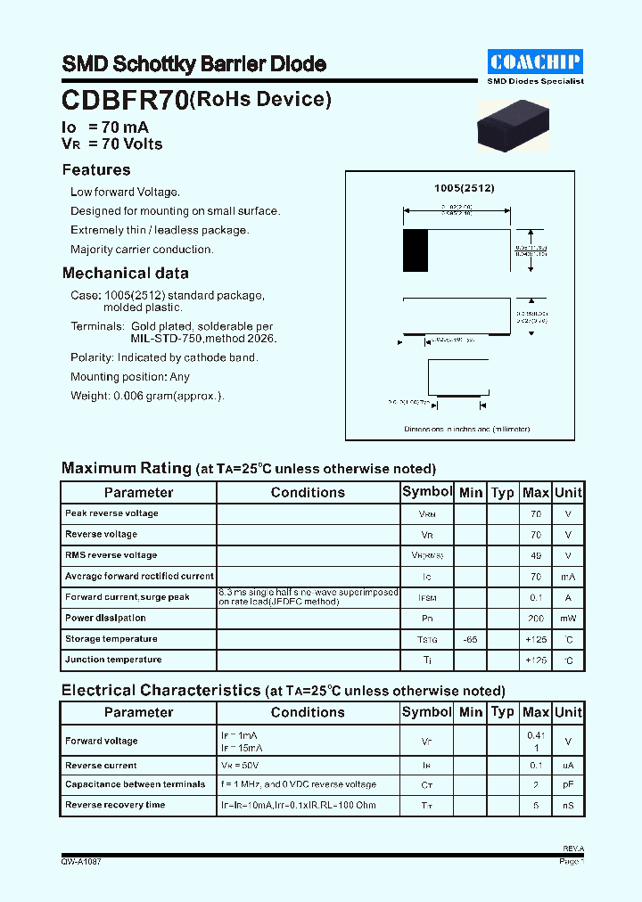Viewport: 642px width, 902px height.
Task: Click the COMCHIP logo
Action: [535, 61]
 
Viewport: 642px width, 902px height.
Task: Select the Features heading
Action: [96, 170]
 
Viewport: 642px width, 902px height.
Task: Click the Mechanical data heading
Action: [125, 274]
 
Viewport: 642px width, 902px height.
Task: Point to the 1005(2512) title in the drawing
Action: [464, 189]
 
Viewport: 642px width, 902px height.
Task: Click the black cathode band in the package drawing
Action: [415, 250]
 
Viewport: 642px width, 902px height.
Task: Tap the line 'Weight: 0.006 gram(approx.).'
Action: [147, 396]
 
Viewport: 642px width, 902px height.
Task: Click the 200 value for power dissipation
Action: [535, 619]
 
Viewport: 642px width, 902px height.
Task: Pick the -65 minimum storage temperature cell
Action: [470, 639]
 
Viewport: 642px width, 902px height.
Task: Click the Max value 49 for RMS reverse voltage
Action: [535, 556]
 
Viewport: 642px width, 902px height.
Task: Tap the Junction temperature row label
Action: [113, 660]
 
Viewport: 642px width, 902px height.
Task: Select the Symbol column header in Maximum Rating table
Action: [427, 492]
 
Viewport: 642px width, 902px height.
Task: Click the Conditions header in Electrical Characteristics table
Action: [308, 712]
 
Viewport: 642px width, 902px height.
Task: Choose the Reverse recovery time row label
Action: [115, 805]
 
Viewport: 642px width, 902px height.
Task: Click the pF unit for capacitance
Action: [568, 785]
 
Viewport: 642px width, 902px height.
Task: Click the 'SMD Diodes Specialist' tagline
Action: [535, 81]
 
